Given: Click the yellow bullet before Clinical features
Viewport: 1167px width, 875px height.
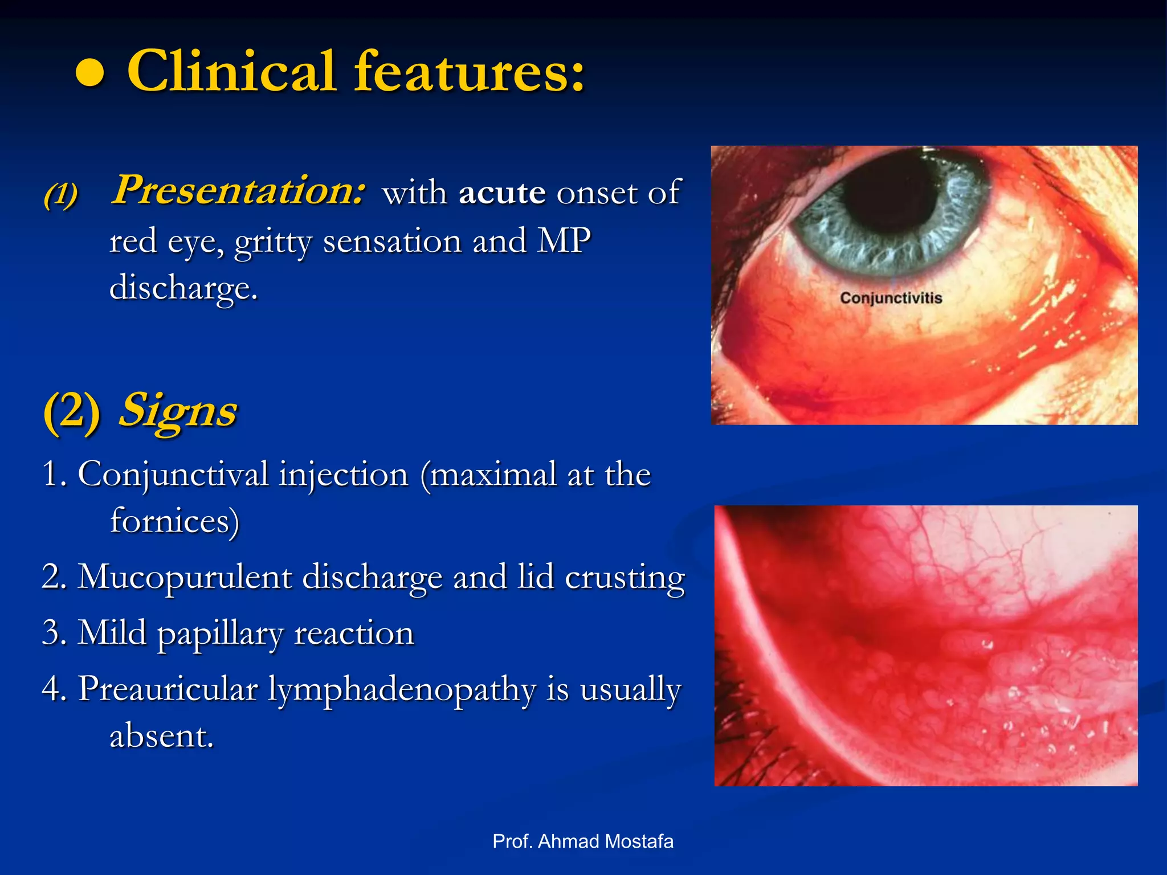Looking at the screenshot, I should click(x=90, y=73).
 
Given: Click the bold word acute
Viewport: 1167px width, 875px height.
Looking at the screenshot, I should click(x=502, y=193).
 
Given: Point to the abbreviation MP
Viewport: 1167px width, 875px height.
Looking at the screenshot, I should click(x=565, y=240).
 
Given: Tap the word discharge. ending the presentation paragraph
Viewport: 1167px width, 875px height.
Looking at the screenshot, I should click(x=183, y=288).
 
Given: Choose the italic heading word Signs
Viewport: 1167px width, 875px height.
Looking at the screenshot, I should click(x=178, y=411).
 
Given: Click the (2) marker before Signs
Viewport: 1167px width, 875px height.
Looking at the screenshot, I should click(x=72, y=411).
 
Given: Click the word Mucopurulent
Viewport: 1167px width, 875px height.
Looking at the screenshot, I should click(x=185, y=578).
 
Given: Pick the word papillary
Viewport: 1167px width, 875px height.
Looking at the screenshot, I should click(x=219, y=634).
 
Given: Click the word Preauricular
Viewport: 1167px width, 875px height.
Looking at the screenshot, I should click(x=168, y=689).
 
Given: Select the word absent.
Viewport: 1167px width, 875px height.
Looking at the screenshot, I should click(x=161, y=736).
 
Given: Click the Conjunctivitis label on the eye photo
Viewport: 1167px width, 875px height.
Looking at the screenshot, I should click(x=891, y=298).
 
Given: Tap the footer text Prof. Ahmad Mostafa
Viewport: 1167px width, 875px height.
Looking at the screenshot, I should click(x=582, y=841).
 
